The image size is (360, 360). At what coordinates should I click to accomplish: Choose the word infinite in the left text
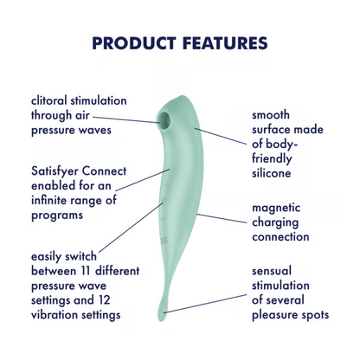tap(48, 201)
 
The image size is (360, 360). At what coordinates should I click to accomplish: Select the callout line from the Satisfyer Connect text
tap(138, 179)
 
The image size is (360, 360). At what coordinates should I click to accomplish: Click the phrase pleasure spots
tap(290, 315)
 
